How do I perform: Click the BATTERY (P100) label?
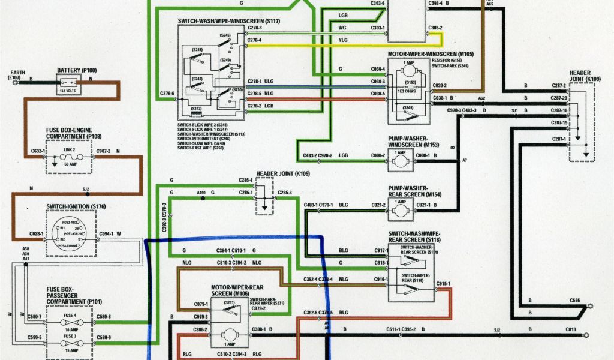tap(76, 70)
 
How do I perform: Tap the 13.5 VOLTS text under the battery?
tap(67, 92)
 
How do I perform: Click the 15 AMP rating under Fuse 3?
tap(71, 350)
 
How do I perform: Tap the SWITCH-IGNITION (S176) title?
tap(76, 206)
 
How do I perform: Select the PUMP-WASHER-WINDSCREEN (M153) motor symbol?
tap(400, 159)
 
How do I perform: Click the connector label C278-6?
tap(167, 94)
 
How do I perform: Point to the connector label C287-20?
tap(559, 97)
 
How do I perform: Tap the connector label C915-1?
tap(443, 283)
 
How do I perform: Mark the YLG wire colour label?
tap(343, 41)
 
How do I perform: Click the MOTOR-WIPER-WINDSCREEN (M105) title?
tap(431, 54)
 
